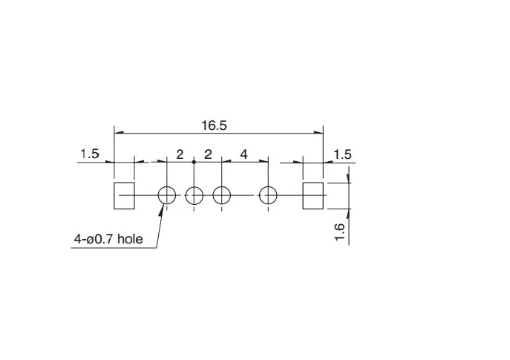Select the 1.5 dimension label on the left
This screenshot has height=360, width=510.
coord(90,154)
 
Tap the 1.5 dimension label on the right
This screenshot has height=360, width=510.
coord(342,154)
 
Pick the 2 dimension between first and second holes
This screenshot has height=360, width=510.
coord(180,154)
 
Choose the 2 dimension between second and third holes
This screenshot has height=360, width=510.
coord(208,154)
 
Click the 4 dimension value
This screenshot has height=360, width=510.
coord(243,154)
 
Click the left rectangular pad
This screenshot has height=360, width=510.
coord(124,195)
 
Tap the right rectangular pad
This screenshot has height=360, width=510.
coord(313,195)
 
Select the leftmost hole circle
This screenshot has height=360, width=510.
coord(166,195)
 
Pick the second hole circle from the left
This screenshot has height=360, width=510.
coord(194,195)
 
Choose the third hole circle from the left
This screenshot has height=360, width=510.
coord(221,195)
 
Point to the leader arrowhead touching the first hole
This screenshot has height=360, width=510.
coord(162,208)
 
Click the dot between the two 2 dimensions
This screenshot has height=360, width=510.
coord(194,162)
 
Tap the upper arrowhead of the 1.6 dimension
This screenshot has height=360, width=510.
coord(347,179)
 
